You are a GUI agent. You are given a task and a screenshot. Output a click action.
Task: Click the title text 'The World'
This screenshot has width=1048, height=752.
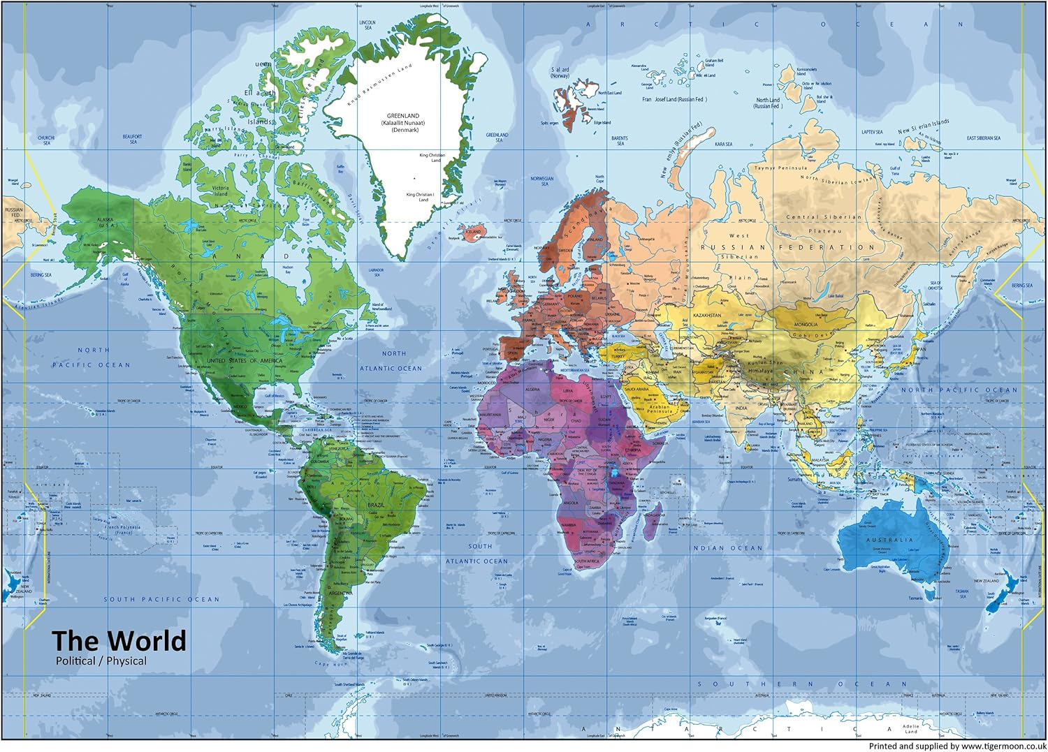[x=119, y=640]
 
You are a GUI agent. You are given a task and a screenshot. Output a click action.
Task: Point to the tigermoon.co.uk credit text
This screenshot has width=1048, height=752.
[x=956, y=746]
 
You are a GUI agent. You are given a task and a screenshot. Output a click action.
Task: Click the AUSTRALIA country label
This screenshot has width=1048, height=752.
[x=889, y=540]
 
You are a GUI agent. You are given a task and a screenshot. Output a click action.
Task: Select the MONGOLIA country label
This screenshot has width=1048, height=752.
[x=806, y=325]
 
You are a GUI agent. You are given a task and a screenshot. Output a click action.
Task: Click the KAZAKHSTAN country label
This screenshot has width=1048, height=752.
[x=706, y=316]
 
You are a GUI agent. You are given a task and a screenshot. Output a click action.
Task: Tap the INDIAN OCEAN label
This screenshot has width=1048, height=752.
[x=727, y=548]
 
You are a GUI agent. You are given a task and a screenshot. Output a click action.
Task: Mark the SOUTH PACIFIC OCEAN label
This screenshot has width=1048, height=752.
[x=161, y=599]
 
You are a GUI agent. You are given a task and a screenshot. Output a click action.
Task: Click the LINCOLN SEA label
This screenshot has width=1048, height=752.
[x=367, y=25]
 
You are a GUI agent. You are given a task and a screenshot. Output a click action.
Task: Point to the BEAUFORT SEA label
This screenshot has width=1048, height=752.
[x=133, y=139]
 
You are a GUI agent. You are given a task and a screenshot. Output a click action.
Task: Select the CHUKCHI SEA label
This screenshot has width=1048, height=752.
[x=46, y=140]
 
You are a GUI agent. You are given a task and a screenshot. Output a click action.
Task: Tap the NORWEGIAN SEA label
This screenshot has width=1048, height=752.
[x=541, y=181]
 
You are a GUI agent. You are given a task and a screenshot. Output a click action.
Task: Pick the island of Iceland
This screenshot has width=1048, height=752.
[x=474, y=231]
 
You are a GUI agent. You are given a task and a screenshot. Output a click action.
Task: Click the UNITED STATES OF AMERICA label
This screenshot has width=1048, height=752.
[x=245, y=361]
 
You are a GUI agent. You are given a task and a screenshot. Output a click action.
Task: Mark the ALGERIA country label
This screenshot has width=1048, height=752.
[x=532, y=389]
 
